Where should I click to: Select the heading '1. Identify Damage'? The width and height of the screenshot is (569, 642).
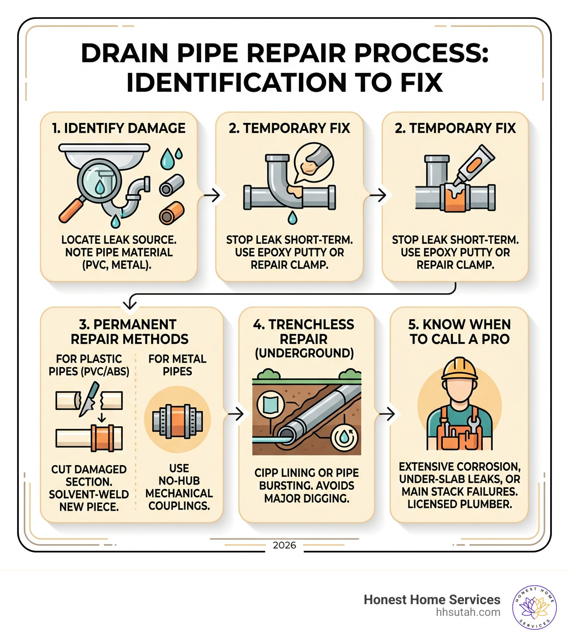118,128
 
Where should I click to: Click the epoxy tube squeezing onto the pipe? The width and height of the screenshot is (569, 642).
475,166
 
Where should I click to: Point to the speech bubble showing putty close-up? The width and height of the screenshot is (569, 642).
313,162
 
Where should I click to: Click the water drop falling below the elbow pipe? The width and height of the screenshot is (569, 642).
292,218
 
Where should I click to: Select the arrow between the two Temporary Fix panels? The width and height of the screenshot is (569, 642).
378,195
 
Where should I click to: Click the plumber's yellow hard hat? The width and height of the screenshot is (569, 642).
460,369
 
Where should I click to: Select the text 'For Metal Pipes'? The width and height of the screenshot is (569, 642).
177,365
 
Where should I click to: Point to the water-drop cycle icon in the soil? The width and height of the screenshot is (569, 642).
344,437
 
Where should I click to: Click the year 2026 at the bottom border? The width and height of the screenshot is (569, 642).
284,545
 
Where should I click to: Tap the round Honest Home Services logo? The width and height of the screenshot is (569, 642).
534,607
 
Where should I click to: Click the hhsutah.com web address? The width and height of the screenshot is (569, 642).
468,613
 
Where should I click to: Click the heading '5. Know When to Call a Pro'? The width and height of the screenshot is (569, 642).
460,332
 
